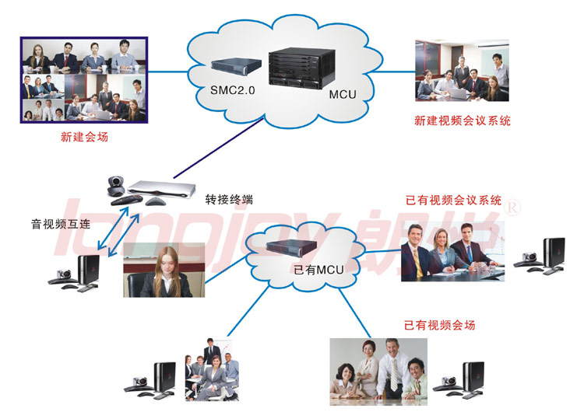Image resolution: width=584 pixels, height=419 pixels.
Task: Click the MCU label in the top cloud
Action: pyautogui.click(x=342, y=95)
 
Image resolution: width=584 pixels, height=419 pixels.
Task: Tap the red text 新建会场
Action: pyautogui.click(x=83, y=138)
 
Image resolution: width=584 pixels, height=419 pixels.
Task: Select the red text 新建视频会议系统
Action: pyautogui.click(x=463, y=121)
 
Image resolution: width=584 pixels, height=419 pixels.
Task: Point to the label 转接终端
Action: pyautogui.click(x=229, y=199)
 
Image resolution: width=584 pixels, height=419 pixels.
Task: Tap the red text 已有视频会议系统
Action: pyautogui.click(x=453, y=201)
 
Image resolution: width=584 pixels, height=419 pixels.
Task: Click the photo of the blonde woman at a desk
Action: pyautogui.click(x=164, y=269)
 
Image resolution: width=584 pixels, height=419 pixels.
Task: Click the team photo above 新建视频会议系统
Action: pyautogui.click(x=463, y=71)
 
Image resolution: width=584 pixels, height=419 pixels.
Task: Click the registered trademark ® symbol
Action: pyautogui.click(x=513, y=207)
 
